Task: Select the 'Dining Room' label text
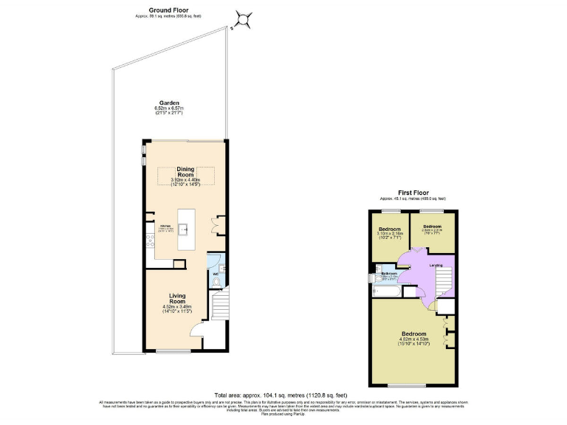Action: (x=185, y=171)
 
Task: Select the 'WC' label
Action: (x=216, y=274)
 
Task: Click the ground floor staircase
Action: (x=219, y=304)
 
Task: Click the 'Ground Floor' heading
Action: (x=167, y=10)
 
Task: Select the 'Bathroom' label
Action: (x=389, y=273)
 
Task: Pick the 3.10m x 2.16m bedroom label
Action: (x=388, y=233)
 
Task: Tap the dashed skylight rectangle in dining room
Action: (x=185, y=176)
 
